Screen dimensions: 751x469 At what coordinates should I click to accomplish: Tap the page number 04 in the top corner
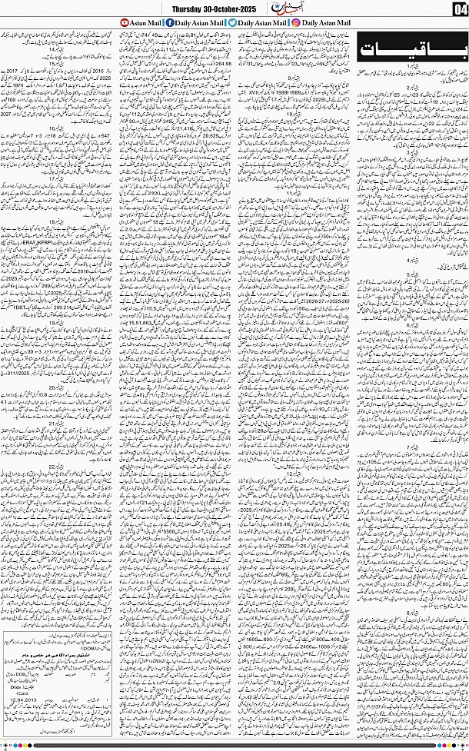[457, 9]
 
